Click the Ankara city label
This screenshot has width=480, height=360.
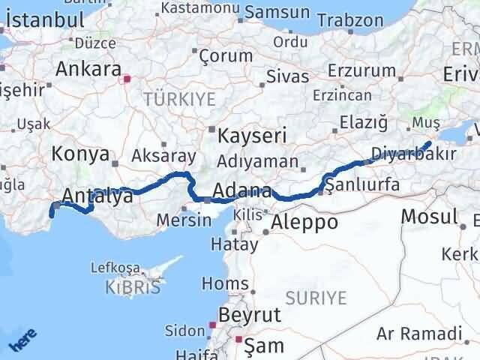(x=88, y=70)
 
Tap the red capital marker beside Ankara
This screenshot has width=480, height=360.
(x=127, y=77)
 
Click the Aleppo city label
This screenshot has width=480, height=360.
(x=304, y=222)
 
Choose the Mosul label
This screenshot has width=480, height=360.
(x=429, y=217)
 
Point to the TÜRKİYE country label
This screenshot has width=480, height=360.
(x=179, y=99)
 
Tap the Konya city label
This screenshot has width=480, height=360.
(x=81, y=154)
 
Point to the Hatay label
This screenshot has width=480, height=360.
(x=229, y=244)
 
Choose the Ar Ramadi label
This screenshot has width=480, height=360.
(x=419, y=332)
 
